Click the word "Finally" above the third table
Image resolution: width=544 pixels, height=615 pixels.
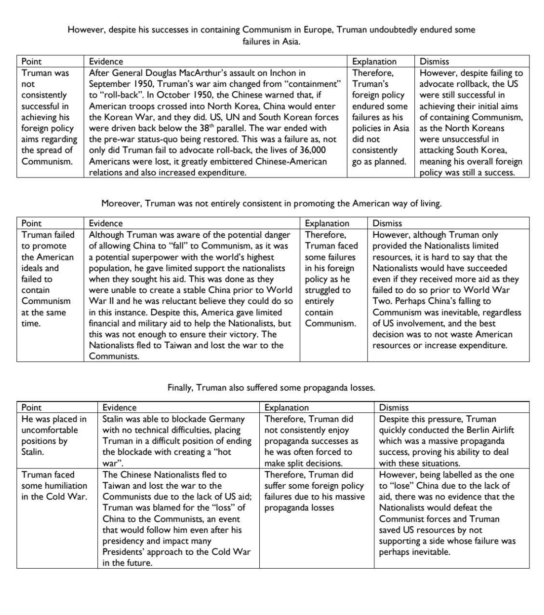click(180, 387)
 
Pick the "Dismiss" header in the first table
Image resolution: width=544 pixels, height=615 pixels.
click(434, 61)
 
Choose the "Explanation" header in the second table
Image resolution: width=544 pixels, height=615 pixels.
click(327, 223)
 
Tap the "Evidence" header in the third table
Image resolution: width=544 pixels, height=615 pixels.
click(119, 408)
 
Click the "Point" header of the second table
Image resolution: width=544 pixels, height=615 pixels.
click(31, 223)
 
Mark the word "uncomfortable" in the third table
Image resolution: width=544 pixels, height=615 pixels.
click(49, 430)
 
